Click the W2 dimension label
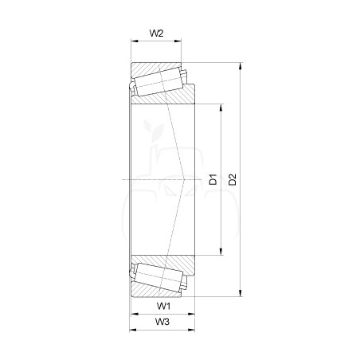156,33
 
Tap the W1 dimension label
163,306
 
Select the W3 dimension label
162,322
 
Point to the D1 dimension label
213,179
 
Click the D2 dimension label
233,179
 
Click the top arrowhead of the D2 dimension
241,66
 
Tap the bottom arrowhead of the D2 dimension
241,293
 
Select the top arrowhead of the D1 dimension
221,108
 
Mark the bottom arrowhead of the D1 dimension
221,252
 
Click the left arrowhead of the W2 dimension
135,41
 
